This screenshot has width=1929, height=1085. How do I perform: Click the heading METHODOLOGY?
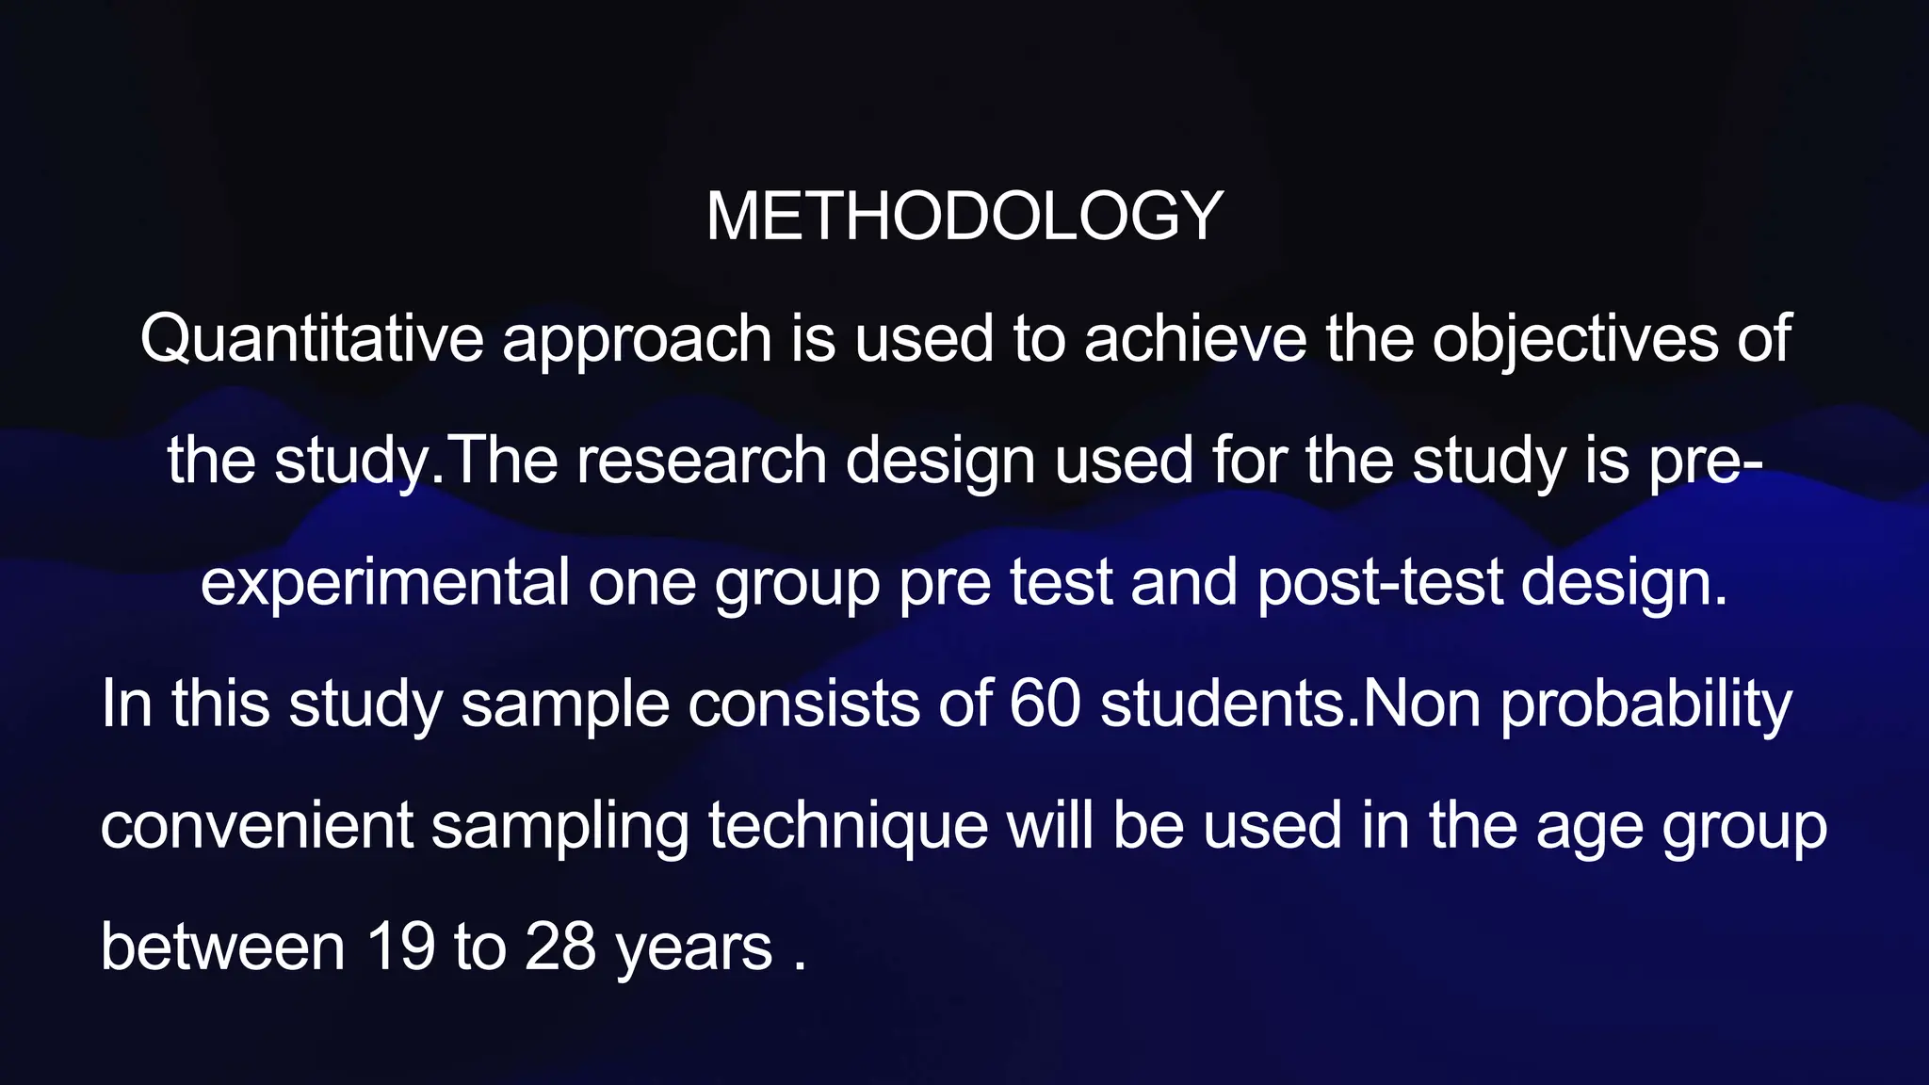[964, 217]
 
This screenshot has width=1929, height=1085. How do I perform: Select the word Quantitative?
[311, 339]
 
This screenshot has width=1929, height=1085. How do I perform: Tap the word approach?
[637, 341]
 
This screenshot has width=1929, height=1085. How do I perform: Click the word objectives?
[1575, 341]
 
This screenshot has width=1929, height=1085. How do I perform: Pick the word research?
[702, 462]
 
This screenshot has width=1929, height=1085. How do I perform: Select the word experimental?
[384, 584]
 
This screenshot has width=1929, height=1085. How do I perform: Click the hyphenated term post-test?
[1380, 584]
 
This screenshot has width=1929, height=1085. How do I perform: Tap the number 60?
[1045, 704]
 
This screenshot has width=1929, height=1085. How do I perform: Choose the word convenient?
[256, 826]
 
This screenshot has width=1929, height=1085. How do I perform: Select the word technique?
[848, 827]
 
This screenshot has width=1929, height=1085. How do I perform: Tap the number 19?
[400, 947]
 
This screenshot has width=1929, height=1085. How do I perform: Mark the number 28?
[560, 947]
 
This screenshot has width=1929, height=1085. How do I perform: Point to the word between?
[222, 947]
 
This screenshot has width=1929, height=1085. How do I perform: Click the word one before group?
[641, 584]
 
